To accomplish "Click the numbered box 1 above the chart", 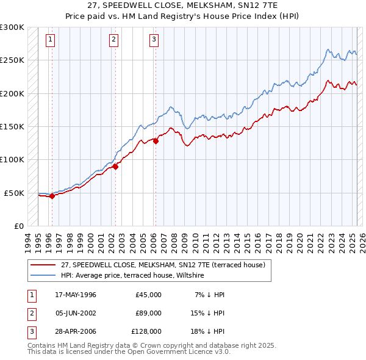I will click(50, 40).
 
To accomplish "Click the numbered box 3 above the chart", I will click(154, 40).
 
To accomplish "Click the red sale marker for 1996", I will click(52, 196).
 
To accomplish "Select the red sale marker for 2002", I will click(115, 167).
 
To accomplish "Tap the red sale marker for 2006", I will click(156, 141).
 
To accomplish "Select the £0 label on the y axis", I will click(18, 226).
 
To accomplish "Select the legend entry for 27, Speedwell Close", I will click(163, 265).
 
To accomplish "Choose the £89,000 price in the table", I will click(148, 313).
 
